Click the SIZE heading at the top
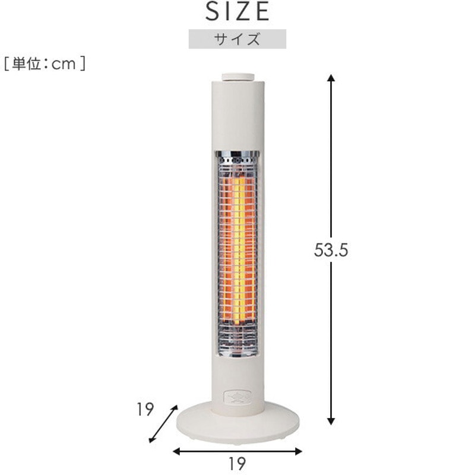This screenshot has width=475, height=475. pos(237,11)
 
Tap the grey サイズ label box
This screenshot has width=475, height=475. pos(237,39)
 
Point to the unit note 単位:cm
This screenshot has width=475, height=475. pos(45,64)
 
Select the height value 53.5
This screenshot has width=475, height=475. pos(331,250)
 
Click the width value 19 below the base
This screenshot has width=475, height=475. pos(237,463)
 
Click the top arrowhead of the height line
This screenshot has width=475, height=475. pos(331,78)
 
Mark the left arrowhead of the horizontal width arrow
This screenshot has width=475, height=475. pos(176,451)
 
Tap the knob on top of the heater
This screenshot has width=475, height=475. pos(237,77)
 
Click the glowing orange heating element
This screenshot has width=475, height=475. pos(237,249)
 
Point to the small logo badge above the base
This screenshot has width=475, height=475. pos(237,396)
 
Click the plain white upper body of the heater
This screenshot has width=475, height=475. pos(237,116)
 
